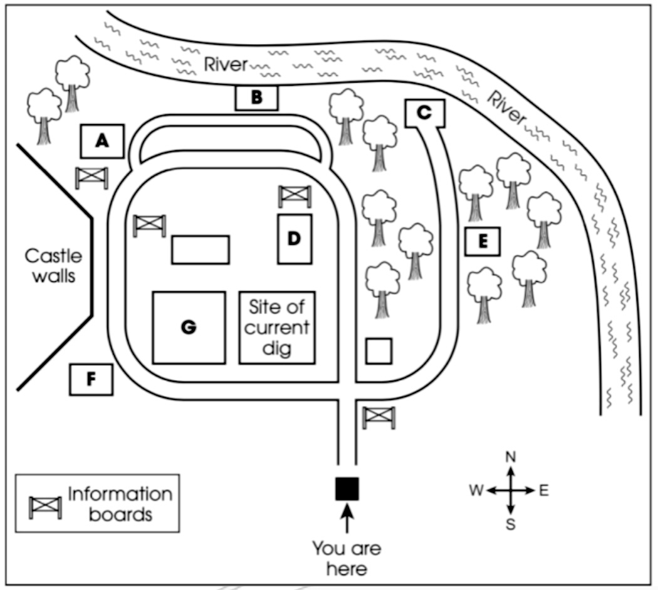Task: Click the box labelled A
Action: pos(102,142)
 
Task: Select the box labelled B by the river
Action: pos(256,98)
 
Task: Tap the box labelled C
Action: pos(425,113)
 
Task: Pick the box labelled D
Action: pos(295,239)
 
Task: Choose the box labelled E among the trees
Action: pos(483,242)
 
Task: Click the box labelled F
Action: pos(91,379)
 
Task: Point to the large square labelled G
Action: pos(189,327)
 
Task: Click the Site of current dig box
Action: pos(277,328)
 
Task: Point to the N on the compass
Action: pos(511,457)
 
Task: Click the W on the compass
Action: pos(476,490)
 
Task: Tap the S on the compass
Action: pos(511,524)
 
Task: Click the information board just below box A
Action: pos(91,177)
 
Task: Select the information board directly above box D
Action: pos(295,195)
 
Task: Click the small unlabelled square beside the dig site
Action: pos(379,351)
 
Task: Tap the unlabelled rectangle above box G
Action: pos(201,250)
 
